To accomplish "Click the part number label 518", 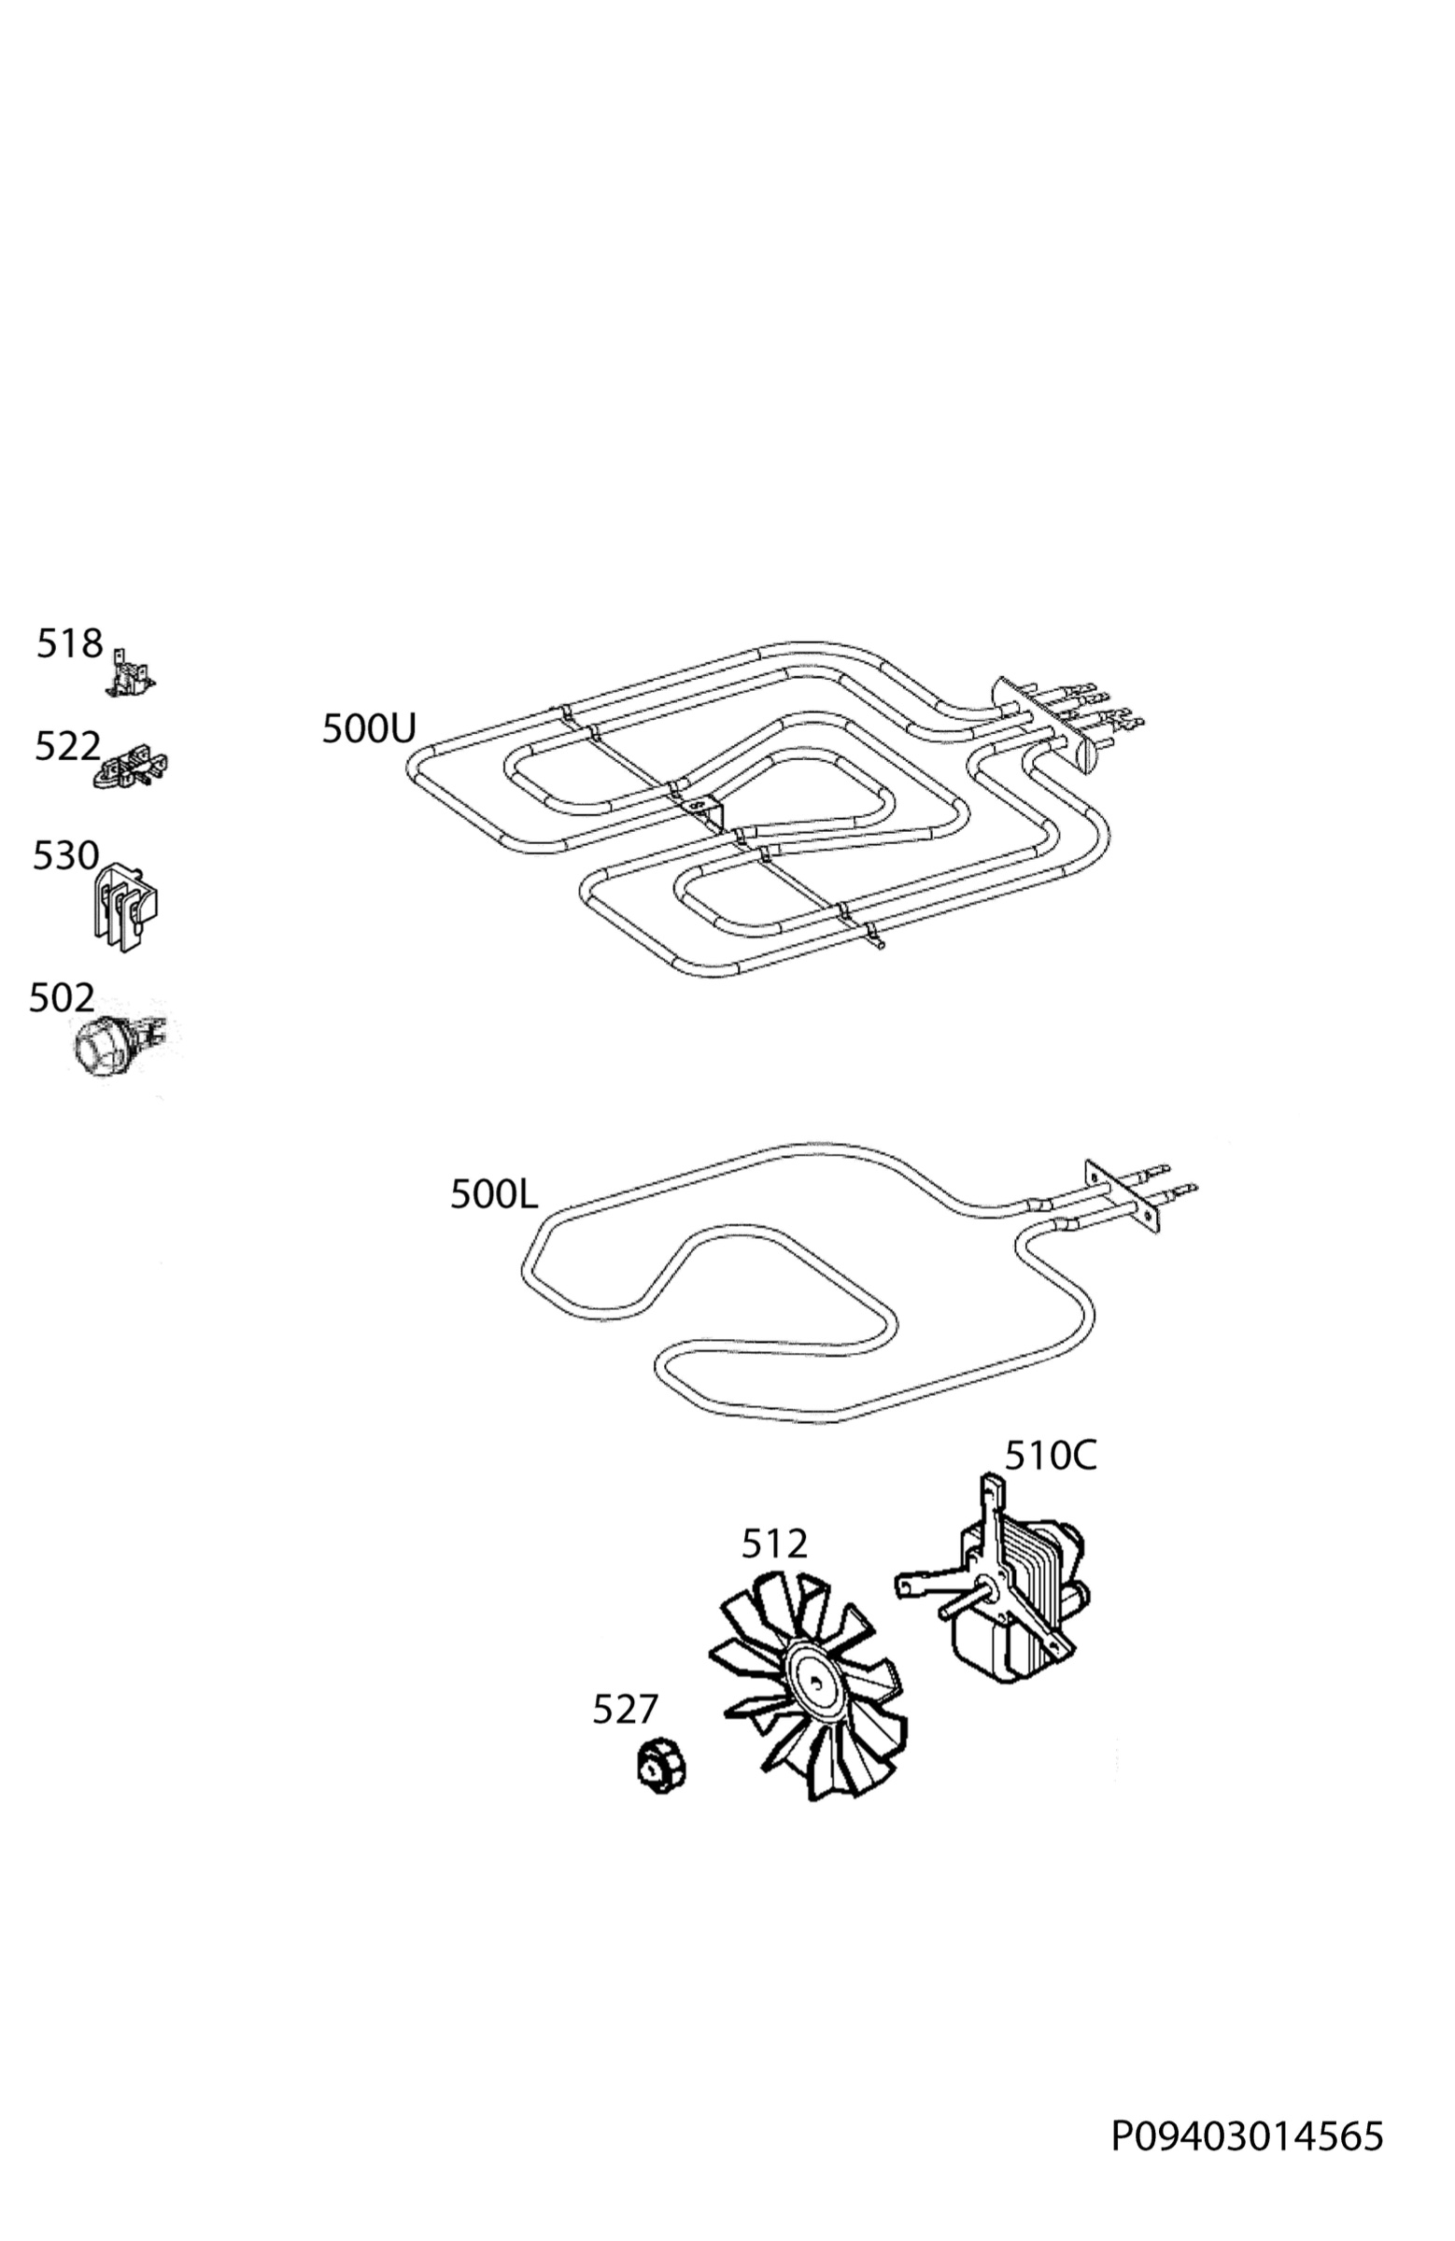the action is (69, 644).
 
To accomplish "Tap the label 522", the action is (67, 747).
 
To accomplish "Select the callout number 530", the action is (65, 856).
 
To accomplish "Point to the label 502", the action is (62, 998).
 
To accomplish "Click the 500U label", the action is (368, 729).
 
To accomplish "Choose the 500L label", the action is (493, 1195).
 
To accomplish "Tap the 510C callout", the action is (1050, 1456).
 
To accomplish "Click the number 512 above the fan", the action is (774, 1544).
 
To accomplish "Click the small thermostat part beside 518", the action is (130, 674).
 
